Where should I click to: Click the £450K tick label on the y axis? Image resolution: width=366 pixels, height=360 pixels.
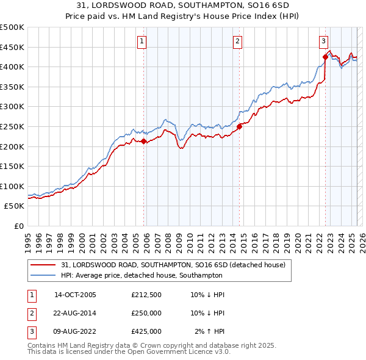point(12,47)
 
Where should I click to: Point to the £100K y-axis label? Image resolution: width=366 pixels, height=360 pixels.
point(12,186)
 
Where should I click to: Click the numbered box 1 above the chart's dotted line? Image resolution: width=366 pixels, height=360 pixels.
point(142,41)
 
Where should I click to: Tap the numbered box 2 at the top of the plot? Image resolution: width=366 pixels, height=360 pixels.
point(237,41)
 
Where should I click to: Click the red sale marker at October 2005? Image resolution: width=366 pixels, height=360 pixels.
point(144,142)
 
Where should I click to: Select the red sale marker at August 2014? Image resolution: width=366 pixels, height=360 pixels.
point(240,127)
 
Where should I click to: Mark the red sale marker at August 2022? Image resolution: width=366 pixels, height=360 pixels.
point(325,57)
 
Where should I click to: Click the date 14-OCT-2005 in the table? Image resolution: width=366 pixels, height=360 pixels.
point(75,295)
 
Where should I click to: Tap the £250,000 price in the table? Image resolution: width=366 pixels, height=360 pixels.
point(146,313)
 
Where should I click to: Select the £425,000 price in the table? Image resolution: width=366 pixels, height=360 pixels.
point(146,331)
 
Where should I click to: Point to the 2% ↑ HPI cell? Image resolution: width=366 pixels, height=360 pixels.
point(210,331)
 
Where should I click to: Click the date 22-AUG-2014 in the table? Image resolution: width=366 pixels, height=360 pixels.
point(75,313)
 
